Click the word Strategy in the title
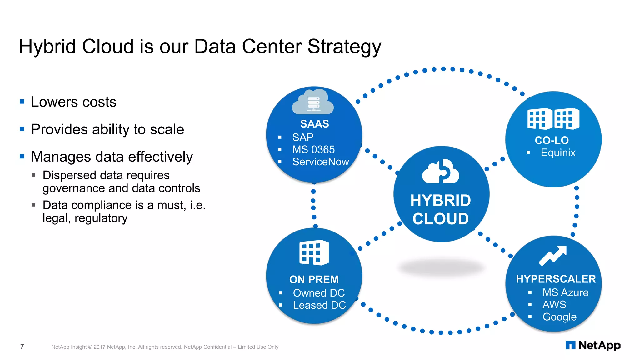[x=344, y=47]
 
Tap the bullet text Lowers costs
[x=73, y=102]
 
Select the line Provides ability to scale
[x=107, y=129]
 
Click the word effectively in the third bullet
[x=160, y=157]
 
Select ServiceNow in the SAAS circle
[x=320, y=162]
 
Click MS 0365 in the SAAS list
[x=313, y=149]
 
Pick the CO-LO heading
[x=552, y=140]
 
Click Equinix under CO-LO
[x=558, y=152]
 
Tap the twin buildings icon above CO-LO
[x=553, y=119]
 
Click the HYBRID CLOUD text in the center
[x=441, y=209]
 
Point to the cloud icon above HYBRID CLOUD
[x=440, y=172]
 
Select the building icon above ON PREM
[x=314, y=252]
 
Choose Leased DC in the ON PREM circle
[x=319, y=305]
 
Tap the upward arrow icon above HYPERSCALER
[x=553, y=255]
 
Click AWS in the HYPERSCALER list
[x=554, y=304]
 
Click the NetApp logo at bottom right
[x=593, y=345]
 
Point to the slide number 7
[x=22, y=347]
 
